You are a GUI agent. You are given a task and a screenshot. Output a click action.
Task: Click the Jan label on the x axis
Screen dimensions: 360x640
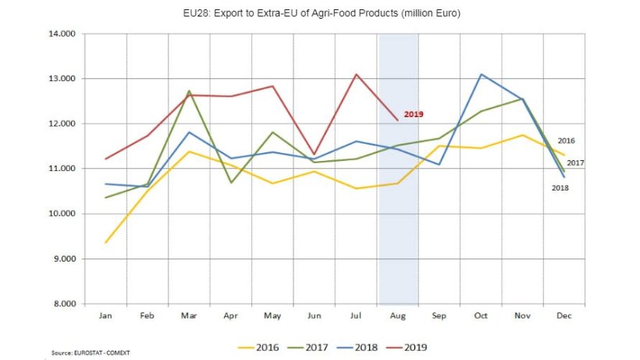coord(105,316)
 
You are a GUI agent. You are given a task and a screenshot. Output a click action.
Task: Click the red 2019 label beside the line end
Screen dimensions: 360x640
coord(414,114)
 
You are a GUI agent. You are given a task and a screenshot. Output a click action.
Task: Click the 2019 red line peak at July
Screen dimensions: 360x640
coord(357,74)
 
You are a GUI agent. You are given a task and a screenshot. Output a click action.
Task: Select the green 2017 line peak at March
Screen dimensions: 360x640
coord(189,91)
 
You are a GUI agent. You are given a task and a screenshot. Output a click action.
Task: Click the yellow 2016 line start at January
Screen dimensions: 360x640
coord(105,242)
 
